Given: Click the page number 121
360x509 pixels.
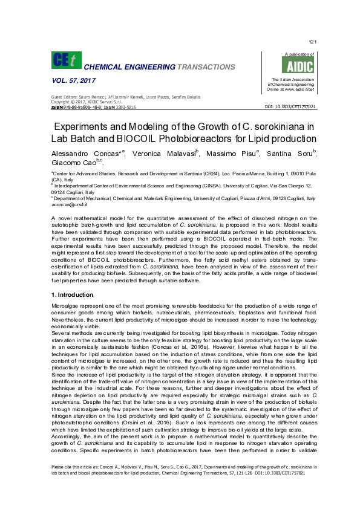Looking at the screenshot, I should click(x=312, y=42).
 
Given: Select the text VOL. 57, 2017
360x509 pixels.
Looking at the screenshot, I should click(x=70, y=80).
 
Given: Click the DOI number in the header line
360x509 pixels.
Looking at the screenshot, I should click(x=290, y=106).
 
